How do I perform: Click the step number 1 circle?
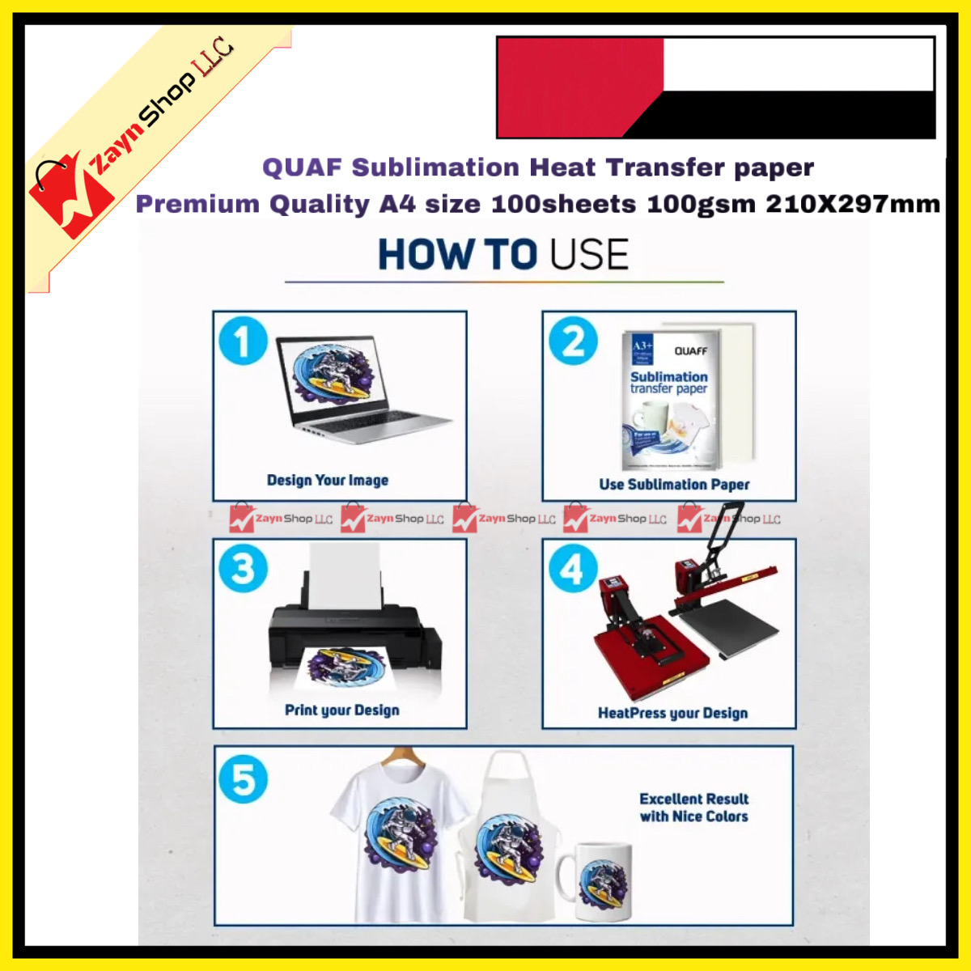pos(242,341)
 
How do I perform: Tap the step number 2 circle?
pos(573,341)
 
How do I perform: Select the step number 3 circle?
pos(243,568)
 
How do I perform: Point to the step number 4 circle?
pos(573,568)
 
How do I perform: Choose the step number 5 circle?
pos(243,779)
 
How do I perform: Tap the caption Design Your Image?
pos(328,480)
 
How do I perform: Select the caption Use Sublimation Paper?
pos(674,484)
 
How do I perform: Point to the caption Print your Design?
pos(341,710)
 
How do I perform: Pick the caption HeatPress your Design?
pos(672,713)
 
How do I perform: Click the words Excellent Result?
pos(694,799)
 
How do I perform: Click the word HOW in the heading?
pos(426,254)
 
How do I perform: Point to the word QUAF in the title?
pos(302,167)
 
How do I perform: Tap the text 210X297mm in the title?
pos(853,203)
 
